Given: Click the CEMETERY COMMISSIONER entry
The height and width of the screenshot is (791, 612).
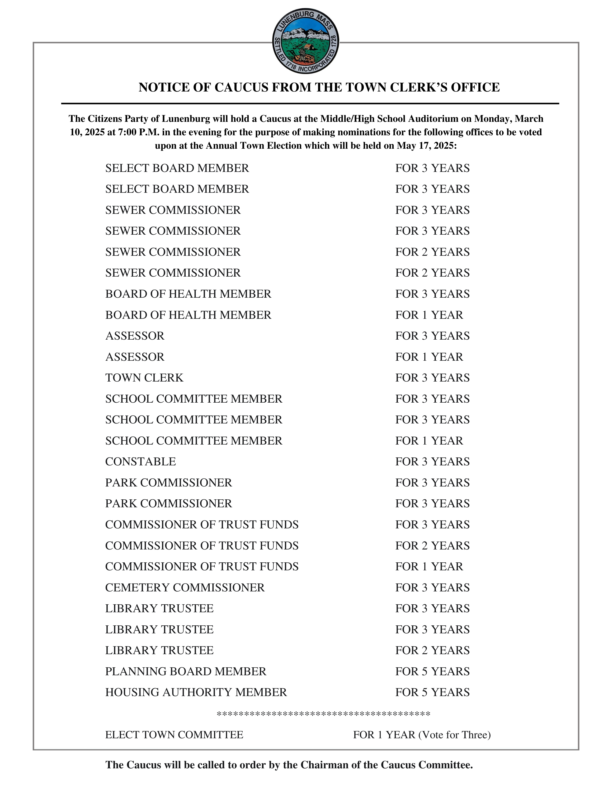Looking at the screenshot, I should click(x=185, y=587).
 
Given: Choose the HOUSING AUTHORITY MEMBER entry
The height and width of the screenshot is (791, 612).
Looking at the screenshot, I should click(x=196, y=692).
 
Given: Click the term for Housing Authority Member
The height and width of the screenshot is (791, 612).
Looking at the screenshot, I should click(x=432, y=692).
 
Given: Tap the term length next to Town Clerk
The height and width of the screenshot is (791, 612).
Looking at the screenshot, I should click(x=432, y=378).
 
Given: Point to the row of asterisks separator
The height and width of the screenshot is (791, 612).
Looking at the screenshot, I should click(x=323, y=714).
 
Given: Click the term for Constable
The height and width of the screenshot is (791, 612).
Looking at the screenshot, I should click(x=432, y=461).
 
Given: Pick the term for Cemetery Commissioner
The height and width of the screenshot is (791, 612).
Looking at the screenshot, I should click(x=432, y=587).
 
